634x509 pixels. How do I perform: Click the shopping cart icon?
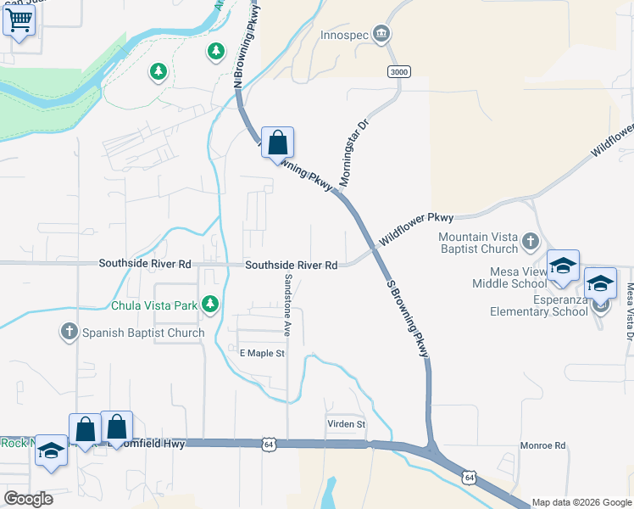click(x=19, y=20)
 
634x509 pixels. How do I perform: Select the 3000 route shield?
click(x=399, y=72)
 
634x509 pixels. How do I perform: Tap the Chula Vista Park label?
click(x=153, y=305)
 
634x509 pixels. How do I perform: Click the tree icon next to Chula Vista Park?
click(x=209, y=304)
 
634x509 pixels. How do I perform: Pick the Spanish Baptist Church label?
click(x=142, y=333)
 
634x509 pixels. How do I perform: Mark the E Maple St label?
click(x=262, y=353)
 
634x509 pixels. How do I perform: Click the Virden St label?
click(x=346, y=423)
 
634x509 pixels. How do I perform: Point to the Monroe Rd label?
click(x=542, y=445)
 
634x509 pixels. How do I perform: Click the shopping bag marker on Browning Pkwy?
click(x=277, y=143)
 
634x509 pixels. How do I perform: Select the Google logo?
click(x=29, y=499)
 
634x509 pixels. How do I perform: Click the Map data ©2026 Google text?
click(x=581, y=502)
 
